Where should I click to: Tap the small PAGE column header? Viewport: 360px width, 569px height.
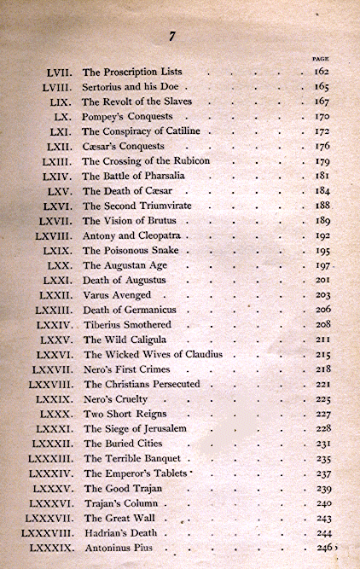click(x=322, y=59)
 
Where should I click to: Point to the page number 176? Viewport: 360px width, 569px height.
click(x=322, y=146)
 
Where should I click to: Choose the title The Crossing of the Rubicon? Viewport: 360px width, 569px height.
click(x=146, y=161)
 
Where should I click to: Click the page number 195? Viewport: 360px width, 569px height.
click(x=322, y=250)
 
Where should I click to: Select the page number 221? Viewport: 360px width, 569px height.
click(x=322, y=384)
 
